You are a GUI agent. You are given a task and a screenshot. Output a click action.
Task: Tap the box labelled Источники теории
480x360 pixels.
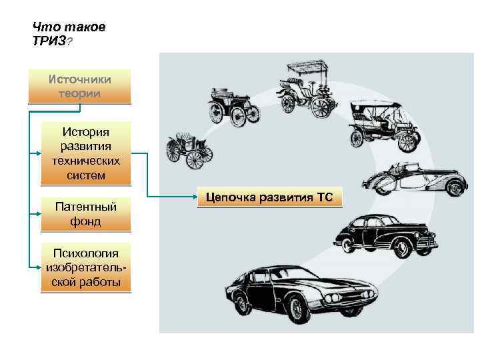(79, 87)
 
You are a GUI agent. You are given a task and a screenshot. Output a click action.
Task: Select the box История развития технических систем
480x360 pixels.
(86, 153)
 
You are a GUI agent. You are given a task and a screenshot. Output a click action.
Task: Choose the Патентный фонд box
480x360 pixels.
(86, 214)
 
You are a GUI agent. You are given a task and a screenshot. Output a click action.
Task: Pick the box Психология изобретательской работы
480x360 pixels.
(86, 267)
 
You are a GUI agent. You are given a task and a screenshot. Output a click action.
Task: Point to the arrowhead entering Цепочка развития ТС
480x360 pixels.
(195, 197)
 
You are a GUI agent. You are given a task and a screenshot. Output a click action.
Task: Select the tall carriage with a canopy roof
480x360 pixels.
(305, 90)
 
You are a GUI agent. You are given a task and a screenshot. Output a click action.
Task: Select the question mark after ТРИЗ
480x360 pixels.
(70, 41)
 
